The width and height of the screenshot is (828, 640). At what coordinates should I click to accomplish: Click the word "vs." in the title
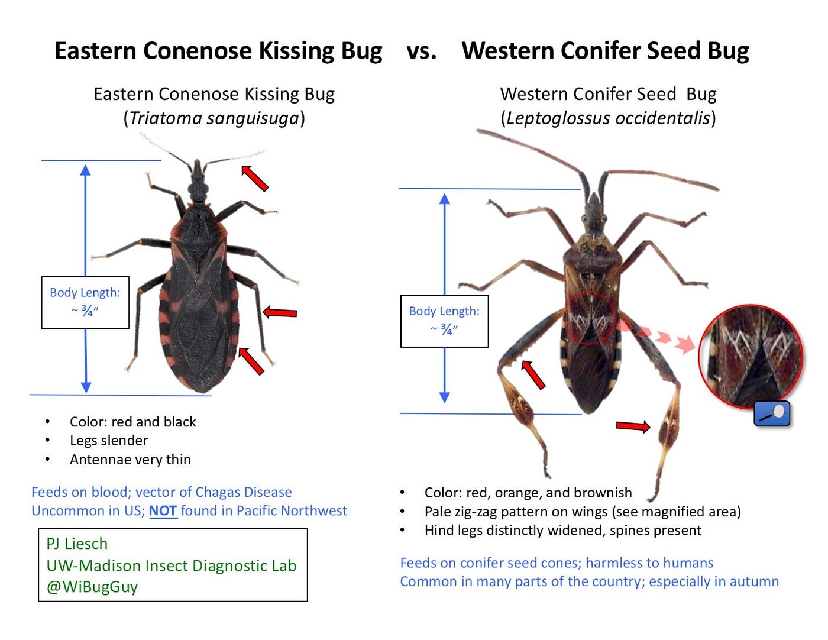[422, 51]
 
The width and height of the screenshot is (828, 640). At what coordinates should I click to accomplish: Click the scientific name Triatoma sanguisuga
[214, 118]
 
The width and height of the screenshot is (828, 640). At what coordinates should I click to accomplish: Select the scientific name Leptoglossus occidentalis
[608, 118]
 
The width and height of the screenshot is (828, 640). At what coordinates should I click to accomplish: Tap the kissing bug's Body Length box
[85, 302]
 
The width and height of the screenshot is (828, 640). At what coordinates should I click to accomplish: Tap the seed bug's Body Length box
[444, 321]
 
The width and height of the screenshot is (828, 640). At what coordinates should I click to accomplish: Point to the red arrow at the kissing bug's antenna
[255, 178]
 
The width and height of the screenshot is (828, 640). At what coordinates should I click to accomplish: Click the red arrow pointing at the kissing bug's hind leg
[280, 313]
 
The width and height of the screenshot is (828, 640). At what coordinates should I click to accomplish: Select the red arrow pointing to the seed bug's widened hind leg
[633, 426]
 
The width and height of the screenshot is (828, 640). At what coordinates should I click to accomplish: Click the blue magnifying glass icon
[772, 413]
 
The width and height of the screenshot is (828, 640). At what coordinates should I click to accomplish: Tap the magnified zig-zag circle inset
[750, 356]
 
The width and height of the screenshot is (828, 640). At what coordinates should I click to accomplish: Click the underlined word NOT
[163, 510]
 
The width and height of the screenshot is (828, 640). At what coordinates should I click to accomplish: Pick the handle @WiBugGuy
[92, 586]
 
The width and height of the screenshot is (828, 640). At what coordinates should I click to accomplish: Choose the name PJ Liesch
[77, 544]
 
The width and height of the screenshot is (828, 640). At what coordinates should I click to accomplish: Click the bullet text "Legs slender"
[109, 441]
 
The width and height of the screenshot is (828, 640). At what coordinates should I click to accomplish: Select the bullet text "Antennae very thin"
[130, 460]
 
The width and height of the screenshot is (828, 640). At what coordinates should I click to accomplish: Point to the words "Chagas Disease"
[244, 492]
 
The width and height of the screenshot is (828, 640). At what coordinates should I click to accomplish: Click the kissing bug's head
[199, 183]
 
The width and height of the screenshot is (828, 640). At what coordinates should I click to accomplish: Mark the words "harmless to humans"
[649, 563]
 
